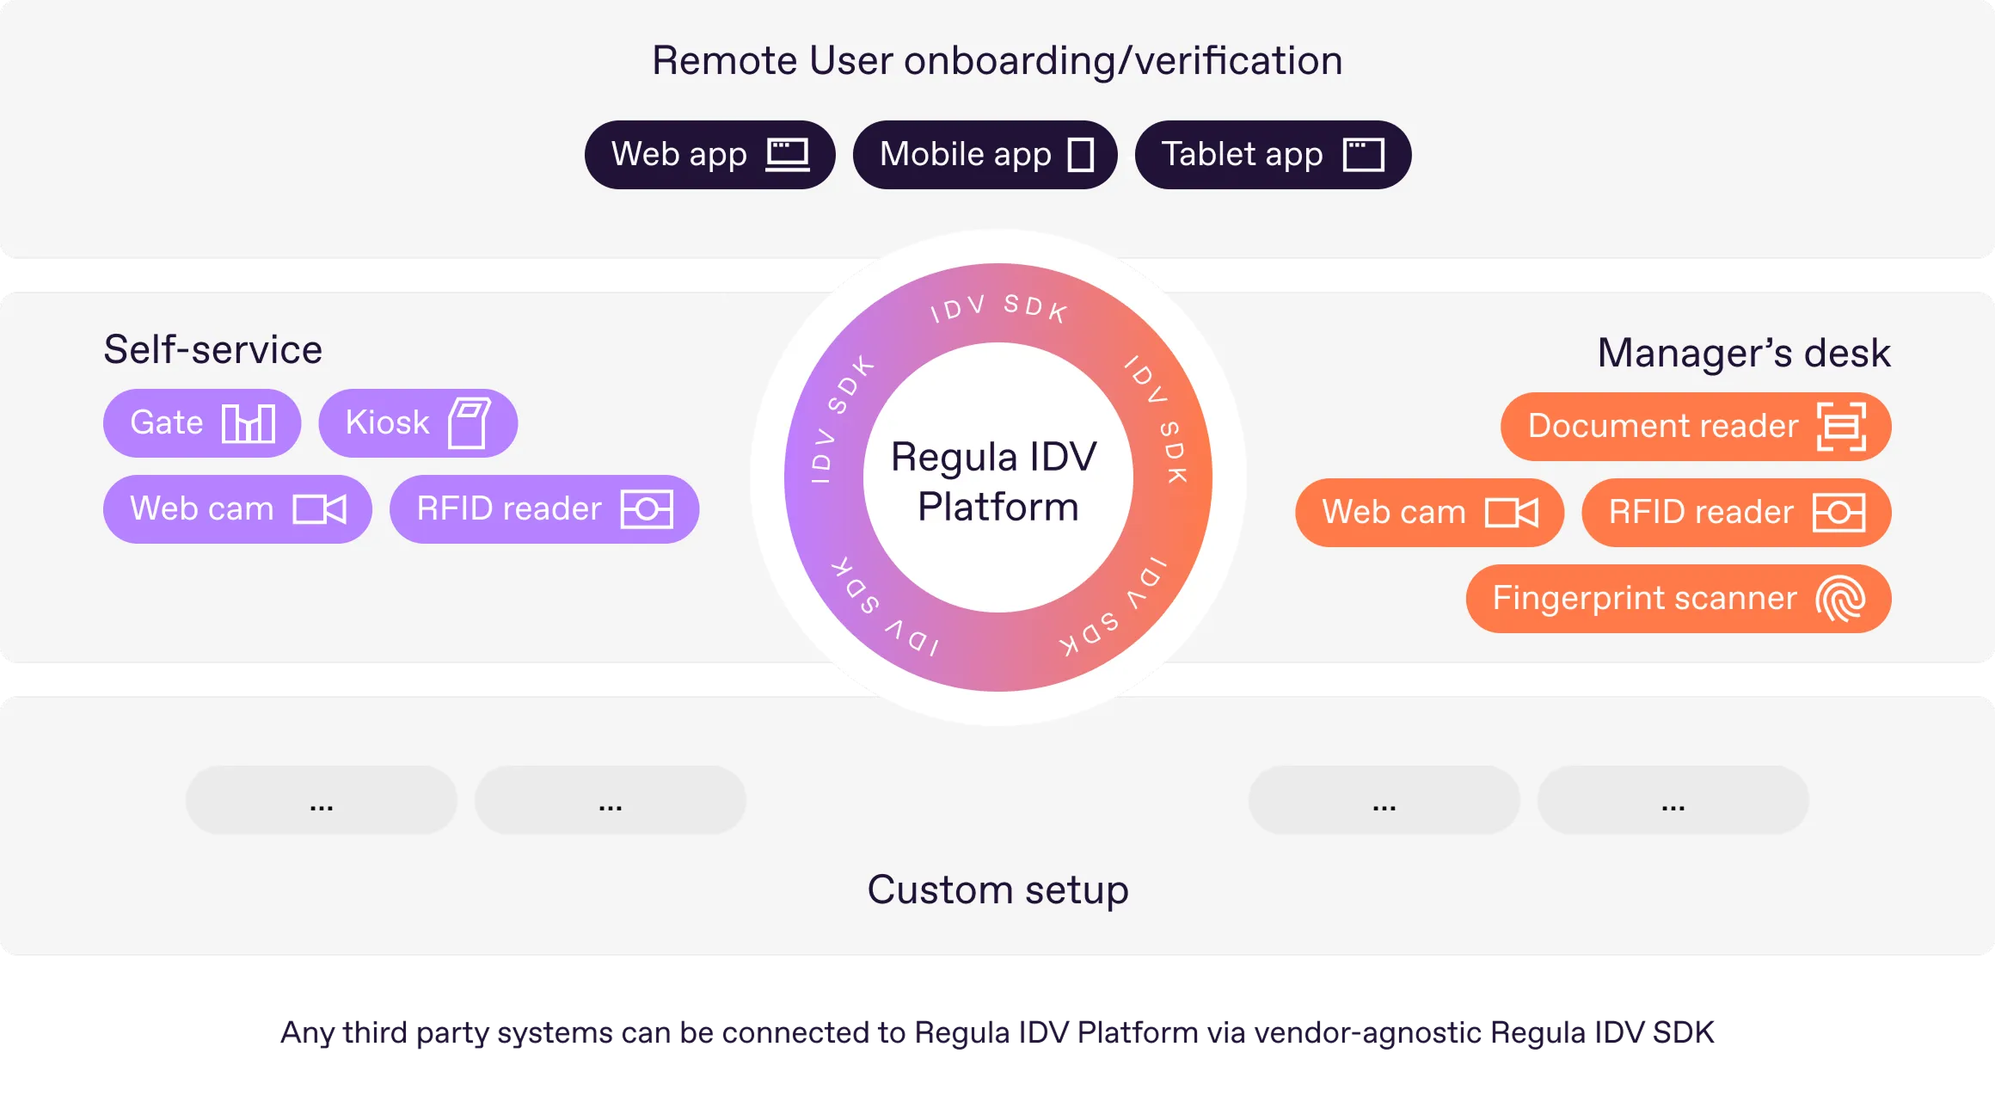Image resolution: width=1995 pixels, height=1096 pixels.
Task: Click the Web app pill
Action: coord(709,155)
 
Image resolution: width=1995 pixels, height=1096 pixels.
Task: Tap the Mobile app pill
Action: coord(985,155)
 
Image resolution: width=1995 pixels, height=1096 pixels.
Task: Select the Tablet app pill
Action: coord(1273,155)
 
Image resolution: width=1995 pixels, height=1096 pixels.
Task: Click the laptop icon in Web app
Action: coord(788,155)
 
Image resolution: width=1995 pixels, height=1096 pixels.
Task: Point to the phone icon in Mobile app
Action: coord(1081,155)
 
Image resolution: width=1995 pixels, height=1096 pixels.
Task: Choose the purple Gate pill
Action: coord(202,423)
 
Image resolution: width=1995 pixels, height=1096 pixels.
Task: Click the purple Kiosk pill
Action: coord(418,423)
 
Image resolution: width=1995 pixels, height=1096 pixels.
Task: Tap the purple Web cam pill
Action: coord(237,509)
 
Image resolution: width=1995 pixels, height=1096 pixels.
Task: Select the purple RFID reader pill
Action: coord(544,509)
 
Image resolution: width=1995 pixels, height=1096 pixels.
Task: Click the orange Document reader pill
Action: coord(1696,427)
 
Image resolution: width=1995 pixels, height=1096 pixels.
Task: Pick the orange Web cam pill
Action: coord(1429,513)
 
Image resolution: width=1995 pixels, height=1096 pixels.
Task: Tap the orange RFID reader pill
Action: coord(1736,513)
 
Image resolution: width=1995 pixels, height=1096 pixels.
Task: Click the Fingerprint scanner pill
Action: coord(1679,599)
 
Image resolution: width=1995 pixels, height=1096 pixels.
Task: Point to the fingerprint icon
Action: coord(1840,599)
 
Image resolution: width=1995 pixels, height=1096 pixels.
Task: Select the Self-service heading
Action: coord(213,350)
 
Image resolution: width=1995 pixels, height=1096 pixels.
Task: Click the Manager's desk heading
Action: coord(1744,353)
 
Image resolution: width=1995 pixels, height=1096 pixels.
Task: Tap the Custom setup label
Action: coord(997,890)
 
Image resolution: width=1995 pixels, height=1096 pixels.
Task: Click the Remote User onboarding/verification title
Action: coord(997,61)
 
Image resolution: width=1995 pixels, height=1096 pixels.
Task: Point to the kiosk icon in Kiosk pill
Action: coord(470,422)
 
